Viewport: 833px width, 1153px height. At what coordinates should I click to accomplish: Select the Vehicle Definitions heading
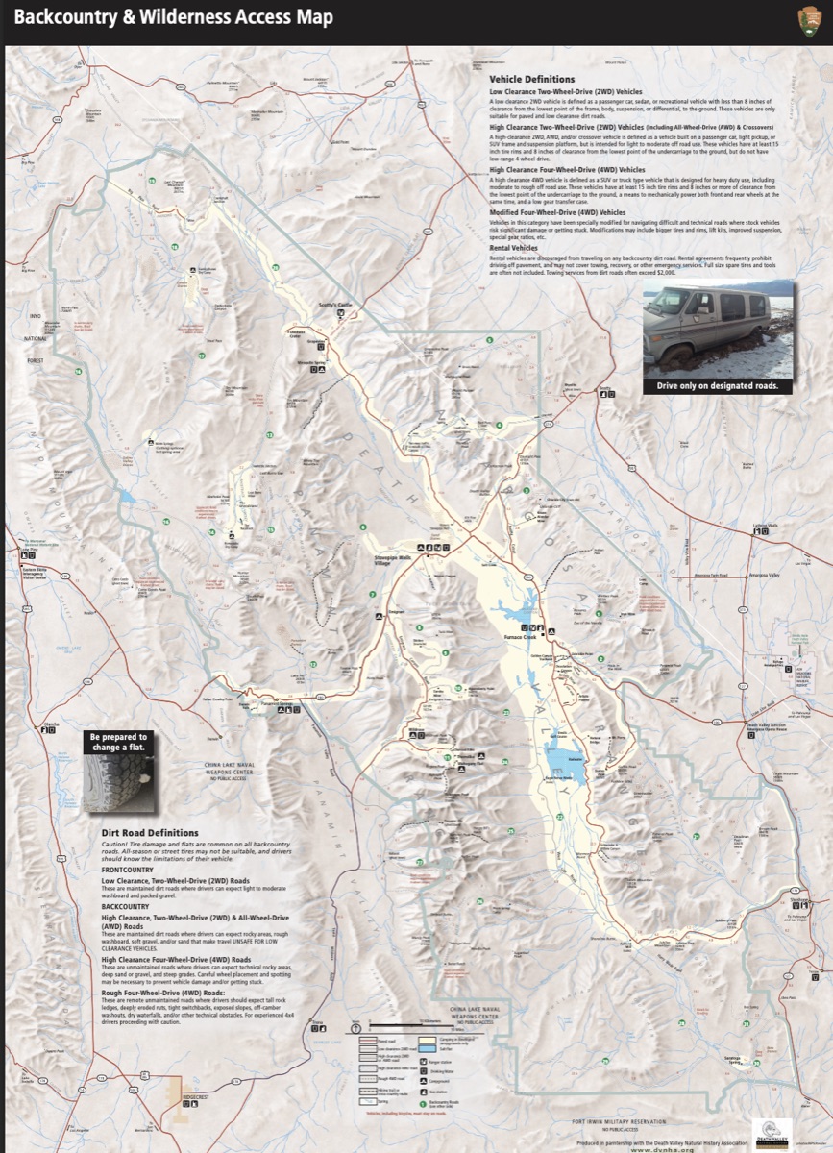[531, 79]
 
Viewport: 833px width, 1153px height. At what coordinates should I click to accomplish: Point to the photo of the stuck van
[719, 329]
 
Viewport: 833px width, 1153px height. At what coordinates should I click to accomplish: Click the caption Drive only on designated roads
[719, 385]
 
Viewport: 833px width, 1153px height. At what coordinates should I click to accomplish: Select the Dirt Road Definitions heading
[150, 833]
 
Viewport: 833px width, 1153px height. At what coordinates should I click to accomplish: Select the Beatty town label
[604, 389]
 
